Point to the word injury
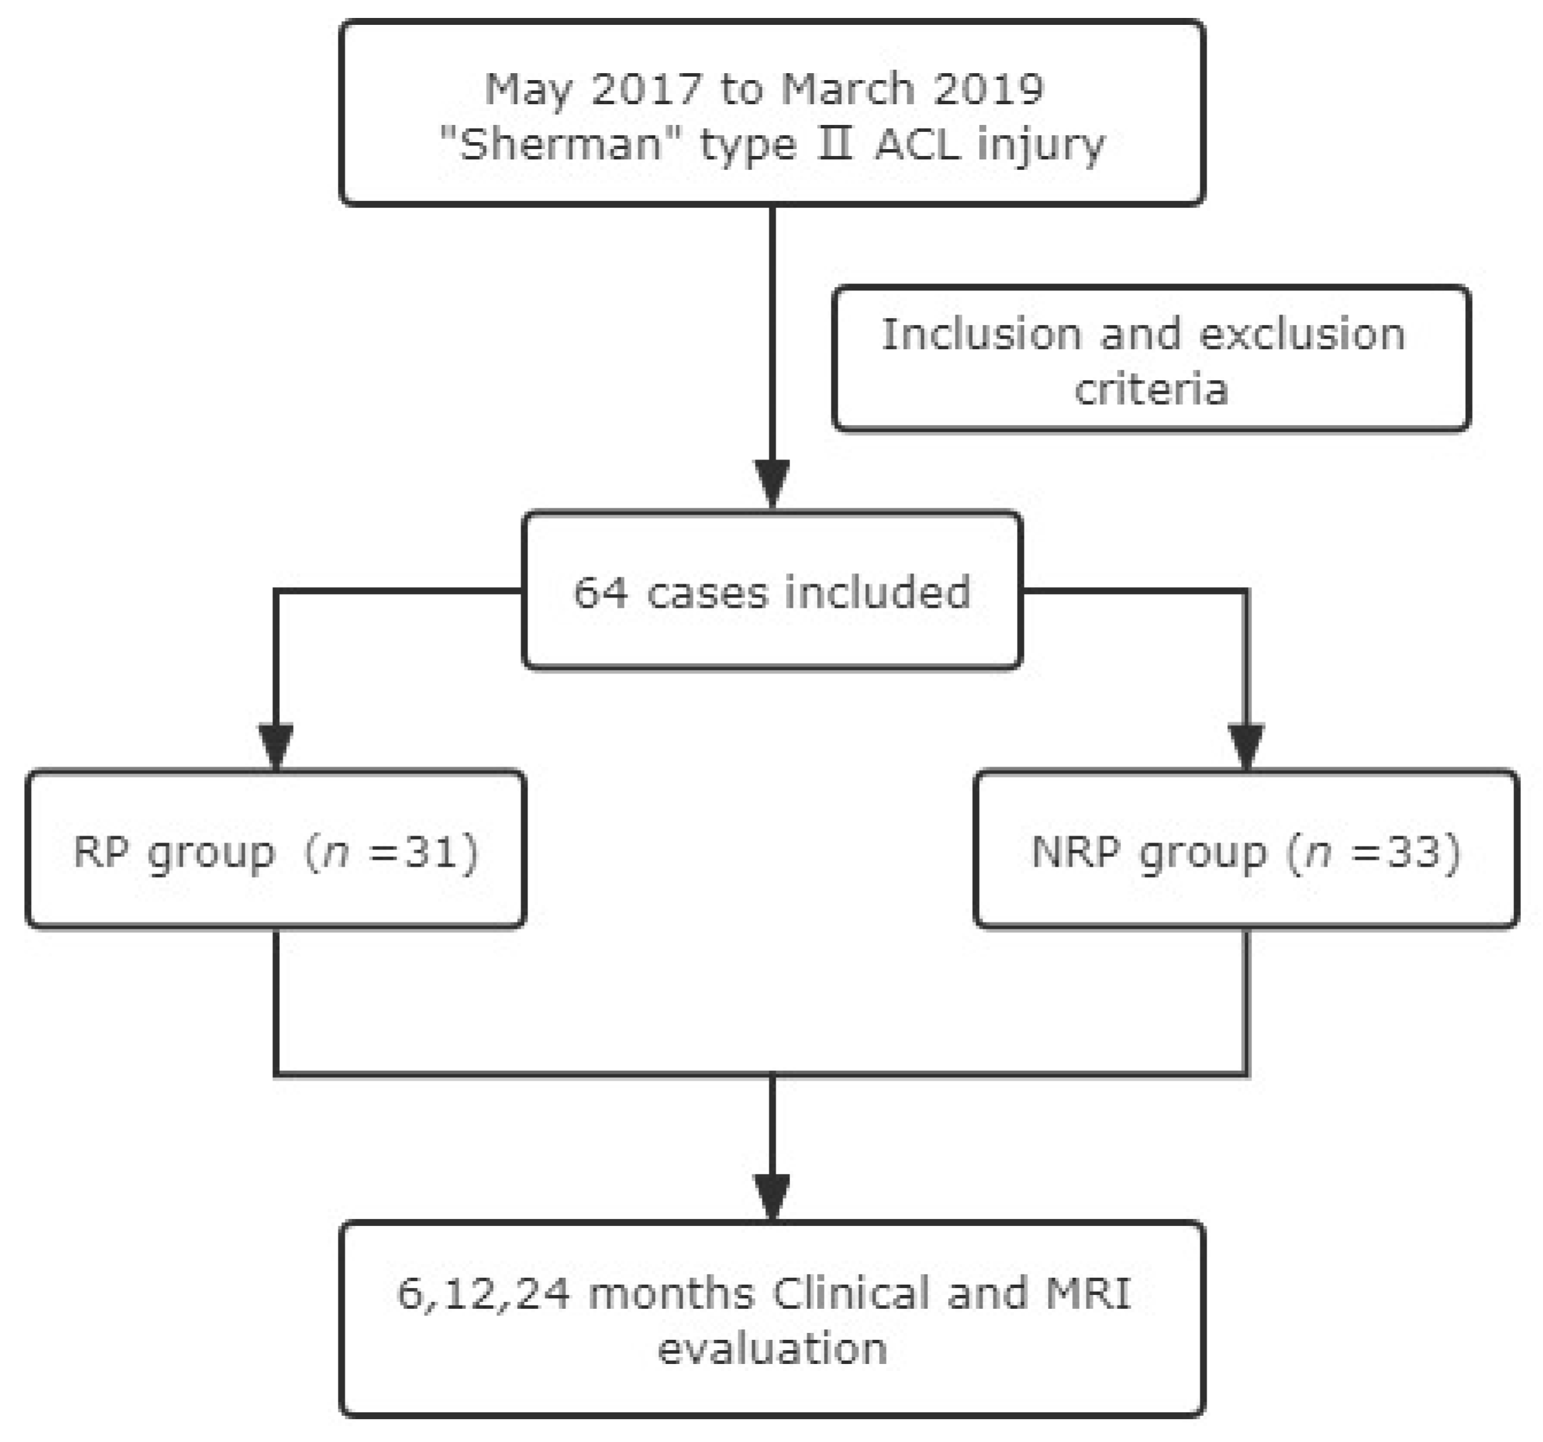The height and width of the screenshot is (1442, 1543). point(1040,147)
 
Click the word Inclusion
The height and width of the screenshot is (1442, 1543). point(980,335)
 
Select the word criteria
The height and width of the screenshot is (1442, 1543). point(1151,388)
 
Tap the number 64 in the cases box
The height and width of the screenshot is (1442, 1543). point(600,593)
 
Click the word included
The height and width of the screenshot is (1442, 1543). point(877,593)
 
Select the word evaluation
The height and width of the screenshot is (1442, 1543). point(772,1349)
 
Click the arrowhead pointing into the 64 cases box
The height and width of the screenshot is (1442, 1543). point(772,484)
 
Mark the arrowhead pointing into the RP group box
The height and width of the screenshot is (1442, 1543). point(276,747)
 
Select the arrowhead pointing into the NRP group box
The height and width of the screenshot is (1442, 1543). point(1247,747)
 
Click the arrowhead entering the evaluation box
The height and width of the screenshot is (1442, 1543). point(772,1197)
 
